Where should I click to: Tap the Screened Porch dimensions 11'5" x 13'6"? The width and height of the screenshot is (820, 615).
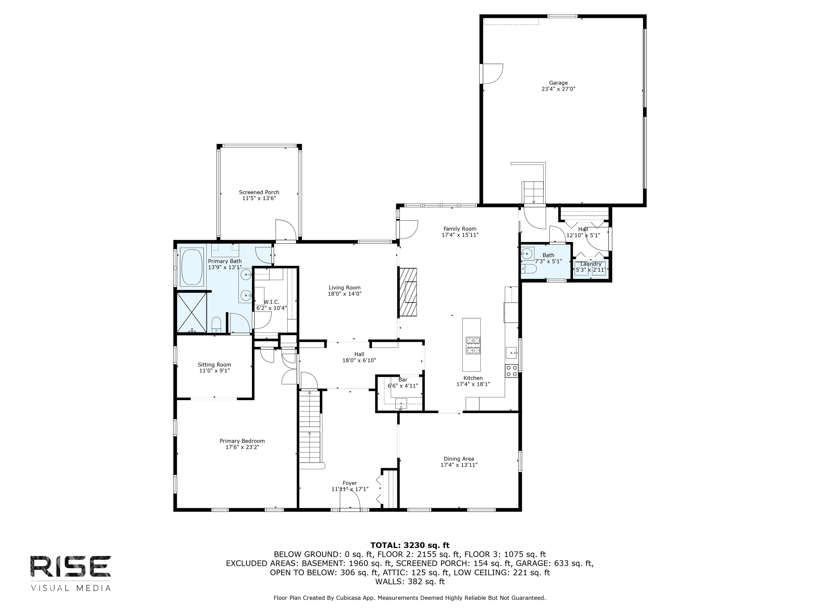coord(259,198)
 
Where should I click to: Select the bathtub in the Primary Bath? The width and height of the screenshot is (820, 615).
coord(192,267)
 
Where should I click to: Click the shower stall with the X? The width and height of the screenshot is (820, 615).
coord(191,313)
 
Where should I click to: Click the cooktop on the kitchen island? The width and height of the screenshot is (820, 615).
coord(473,345)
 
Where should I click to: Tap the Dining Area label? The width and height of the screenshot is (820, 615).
coord(459,459)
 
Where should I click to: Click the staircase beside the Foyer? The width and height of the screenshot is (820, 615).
coord(310,430)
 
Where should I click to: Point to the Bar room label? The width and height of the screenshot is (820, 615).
coord(403,380)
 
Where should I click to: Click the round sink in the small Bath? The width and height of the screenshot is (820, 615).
coord(526,254)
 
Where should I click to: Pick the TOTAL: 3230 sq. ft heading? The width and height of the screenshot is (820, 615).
coord(410,545)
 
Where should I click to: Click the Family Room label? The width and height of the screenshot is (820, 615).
coord(460,229)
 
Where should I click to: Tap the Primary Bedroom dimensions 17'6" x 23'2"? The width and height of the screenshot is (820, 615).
coord(242,447)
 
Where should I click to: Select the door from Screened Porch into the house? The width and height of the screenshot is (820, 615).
coord(285,231)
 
